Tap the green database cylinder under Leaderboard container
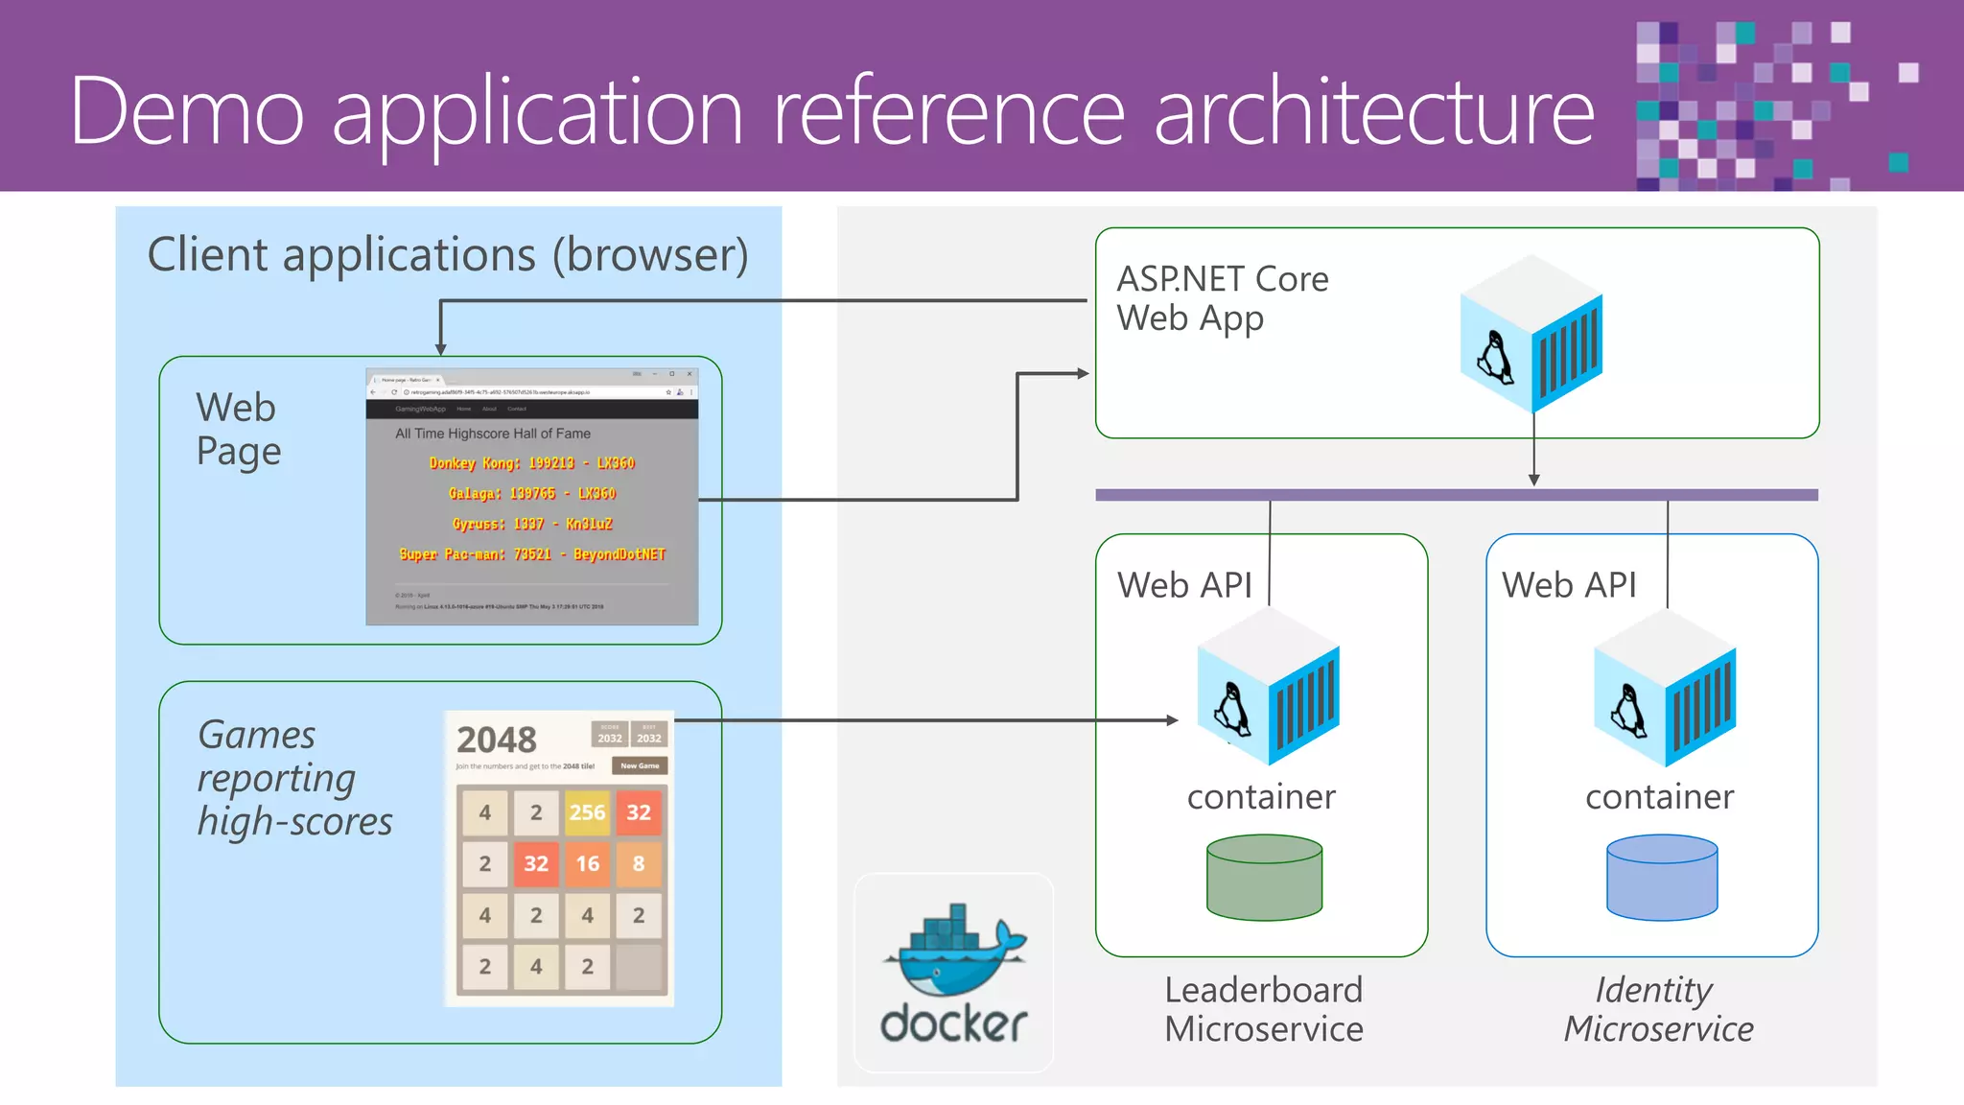pos(1264,878)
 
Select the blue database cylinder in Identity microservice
pos(1662,878)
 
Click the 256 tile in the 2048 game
pos(587,812)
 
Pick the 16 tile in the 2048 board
pos(587,863)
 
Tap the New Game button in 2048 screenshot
pos(640,765)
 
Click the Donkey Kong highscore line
pos(531,463)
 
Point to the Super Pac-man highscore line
pos(531,554)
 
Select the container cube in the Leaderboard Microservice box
pos(1268,688)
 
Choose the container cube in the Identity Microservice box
pos(1665,688)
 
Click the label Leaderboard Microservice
pos(1264,1009)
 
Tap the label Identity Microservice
pos(1658,1009)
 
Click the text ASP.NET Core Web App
pos(1222,298)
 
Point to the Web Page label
pos(238,429)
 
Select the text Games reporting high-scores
pos(293,778)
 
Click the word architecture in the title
pos(1373,112)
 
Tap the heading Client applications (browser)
pos(448,255)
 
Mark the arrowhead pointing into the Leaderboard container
pos(1172,720)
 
